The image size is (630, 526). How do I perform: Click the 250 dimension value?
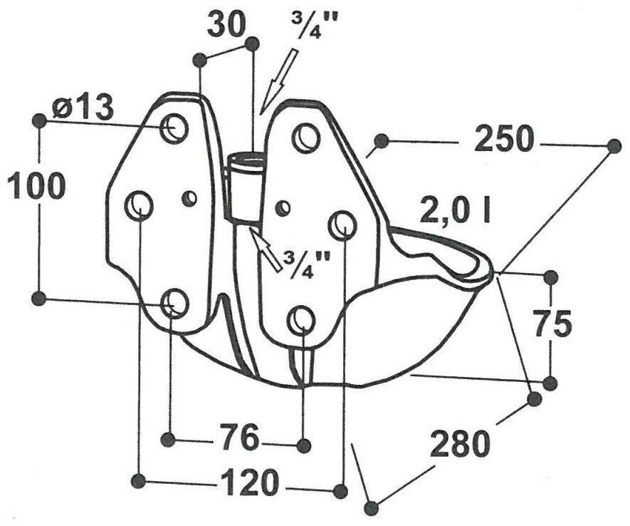504,139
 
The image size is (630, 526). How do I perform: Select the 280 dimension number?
461,443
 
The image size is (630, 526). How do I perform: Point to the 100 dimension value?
36,185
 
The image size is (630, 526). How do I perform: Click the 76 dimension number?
238,437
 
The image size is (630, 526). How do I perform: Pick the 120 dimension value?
250,482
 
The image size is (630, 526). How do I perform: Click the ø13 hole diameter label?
83,108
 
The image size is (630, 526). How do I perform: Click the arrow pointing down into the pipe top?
278,81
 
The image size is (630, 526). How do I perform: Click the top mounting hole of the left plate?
174,128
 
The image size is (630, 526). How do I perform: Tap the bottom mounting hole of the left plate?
174,303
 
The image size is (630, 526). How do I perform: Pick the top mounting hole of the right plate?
307,138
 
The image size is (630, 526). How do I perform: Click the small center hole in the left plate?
189,197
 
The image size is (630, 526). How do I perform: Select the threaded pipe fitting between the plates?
244,189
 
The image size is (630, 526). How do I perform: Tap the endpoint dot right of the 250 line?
614,145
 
